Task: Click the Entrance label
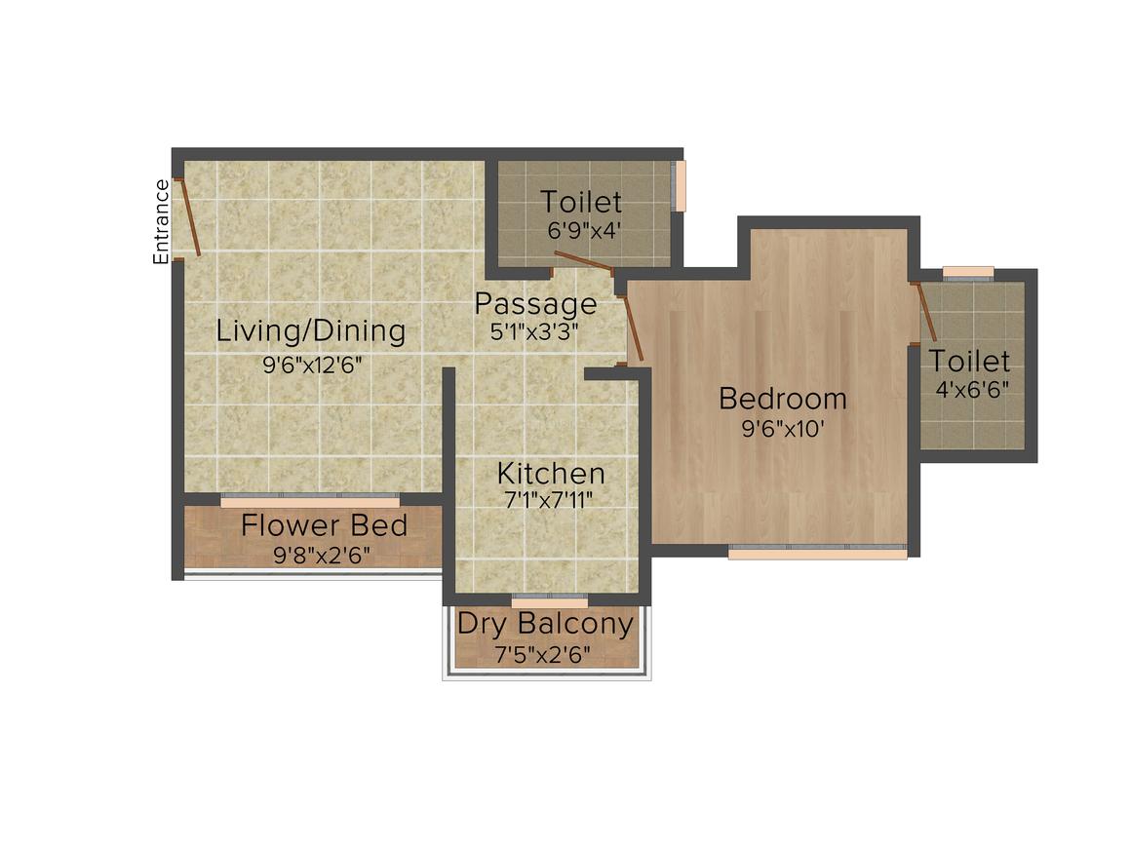161,221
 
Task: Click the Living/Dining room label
311,331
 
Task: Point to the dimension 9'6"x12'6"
312,365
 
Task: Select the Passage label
535,303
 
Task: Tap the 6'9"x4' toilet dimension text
583,231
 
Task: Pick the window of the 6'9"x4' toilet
679,185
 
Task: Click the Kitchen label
551,474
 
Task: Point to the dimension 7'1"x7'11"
550,500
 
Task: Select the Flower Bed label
324,525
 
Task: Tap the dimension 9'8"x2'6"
323,556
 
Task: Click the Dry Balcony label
545,624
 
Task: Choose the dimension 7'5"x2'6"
542,655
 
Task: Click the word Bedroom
783,399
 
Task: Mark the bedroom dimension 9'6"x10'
783,429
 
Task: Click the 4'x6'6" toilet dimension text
972,389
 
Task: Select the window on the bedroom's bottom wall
817,553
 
